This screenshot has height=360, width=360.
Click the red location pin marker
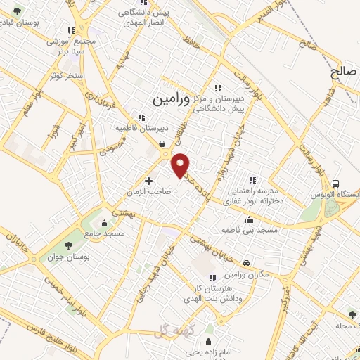(181, 165)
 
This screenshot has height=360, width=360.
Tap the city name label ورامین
(169, 100)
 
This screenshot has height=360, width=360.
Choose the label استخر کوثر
(68, 75)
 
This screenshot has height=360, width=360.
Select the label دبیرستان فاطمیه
(143, 129)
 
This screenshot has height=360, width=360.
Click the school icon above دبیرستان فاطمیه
(141, 117)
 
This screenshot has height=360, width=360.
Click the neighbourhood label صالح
(345, 72)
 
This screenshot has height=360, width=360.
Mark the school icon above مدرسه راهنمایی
(252, 180)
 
